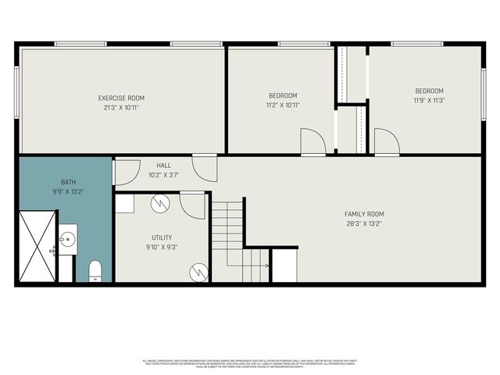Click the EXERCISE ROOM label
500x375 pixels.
coord(121,98)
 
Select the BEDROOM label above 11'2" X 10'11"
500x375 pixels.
coord(282,95)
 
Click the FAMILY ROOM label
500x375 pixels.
coord(364,214)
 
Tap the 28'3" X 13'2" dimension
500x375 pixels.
coord(364,223)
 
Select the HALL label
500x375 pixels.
coord(163,166)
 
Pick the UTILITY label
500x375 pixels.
coord(162,237)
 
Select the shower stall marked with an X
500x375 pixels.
coord(36,245)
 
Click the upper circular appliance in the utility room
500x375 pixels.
coord(161,203)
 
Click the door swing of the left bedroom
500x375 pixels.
coord(312,142)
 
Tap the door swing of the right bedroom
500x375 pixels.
coord(386,142)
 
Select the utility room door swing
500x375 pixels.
coord(192,205)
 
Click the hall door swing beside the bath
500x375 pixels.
coord(127,172)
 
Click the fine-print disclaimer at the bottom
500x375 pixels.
coord(250,363)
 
